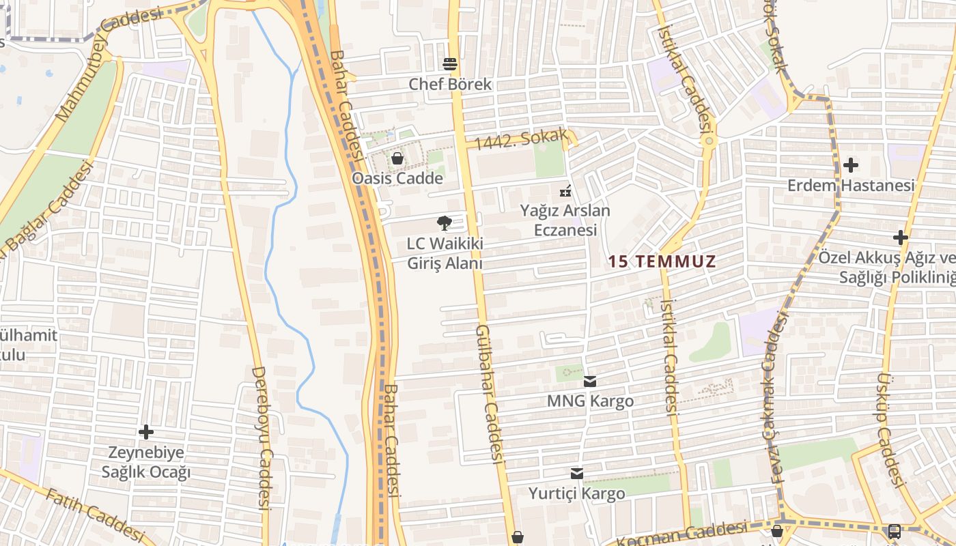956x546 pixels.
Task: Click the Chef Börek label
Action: (450, 84)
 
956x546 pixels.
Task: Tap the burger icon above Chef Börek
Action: (450, 64)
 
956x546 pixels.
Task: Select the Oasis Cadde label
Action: (397, 178)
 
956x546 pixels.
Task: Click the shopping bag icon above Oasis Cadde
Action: (397, 159)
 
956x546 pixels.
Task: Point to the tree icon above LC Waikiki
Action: (445, 222)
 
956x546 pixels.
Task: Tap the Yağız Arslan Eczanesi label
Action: (565, 220)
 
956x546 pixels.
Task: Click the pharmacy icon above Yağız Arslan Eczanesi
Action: (565, 190)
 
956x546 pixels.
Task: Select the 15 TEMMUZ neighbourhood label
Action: (662, 261)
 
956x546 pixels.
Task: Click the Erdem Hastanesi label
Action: (851, 185)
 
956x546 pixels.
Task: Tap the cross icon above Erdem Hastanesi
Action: (851, 165)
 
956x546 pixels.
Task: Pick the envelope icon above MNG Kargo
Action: (590, 382)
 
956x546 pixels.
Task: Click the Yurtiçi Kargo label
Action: (577, 493)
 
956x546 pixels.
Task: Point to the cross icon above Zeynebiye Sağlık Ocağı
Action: (145, 432)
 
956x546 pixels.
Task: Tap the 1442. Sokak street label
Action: (521, 139)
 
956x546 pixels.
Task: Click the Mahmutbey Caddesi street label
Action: (109, 65)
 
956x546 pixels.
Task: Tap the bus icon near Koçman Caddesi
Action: (894, 531)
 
